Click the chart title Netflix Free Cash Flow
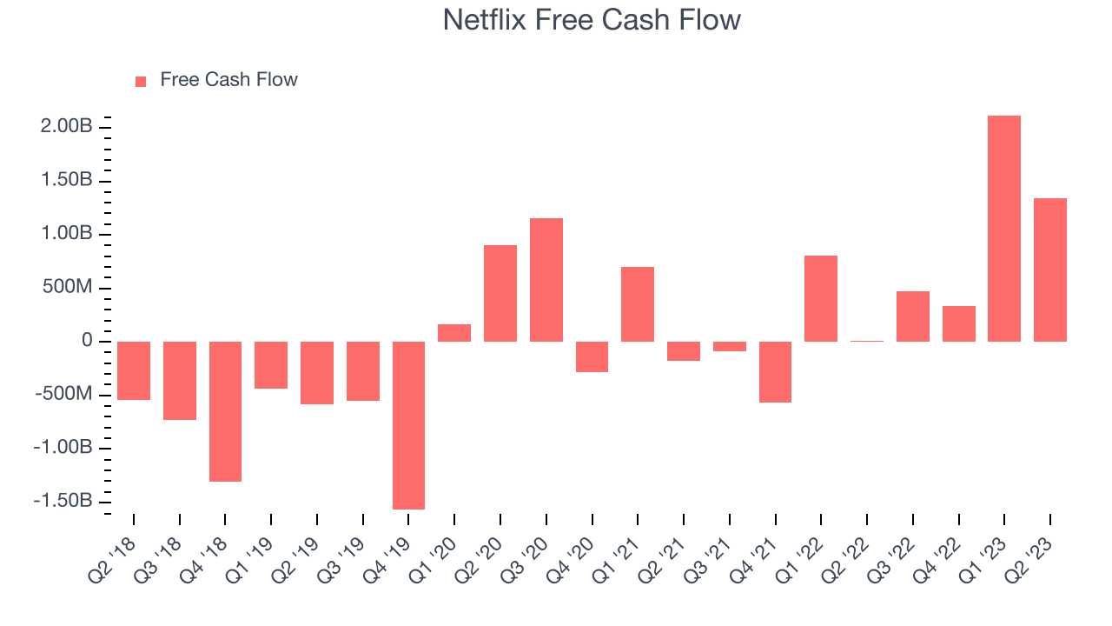[592, 20]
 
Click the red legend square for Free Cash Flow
[141, 82]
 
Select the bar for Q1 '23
[1004, 229]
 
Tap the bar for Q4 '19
[408, 425]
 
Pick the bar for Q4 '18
[225, 411]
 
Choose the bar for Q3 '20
[546, 280]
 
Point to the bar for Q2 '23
[1050, 270]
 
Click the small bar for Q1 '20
[454, 333]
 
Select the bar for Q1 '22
[821, 298]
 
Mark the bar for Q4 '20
[592, 356]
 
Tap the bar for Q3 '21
[730, 346]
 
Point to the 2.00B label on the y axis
[67, 126]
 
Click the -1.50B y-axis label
[63, 500]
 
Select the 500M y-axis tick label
[68, 287]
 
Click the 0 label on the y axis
[88, 340]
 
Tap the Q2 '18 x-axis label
[112, 561]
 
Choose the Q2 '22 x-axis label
[845, 561]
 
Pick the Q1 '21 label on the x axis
[616, 561]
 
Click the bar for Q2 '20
[500, 294]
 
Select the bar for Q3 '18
[180, 381]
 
